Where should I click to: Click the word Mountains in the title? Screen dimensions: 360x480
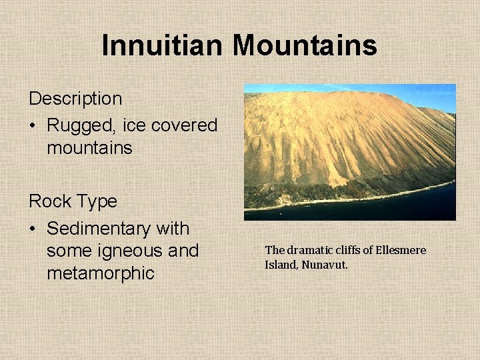305,45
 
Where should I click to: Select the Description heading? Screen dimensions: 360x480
75,99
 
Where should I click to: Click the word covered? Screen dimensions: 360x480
186,125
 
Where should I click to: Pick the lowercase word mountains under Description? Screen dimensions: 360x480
89,147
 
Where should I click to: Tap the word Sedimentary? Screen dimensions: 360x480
99,229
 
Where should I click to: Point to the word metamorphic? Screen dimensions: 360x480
101,273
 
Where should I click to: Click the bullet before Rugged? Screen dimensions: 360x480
33,126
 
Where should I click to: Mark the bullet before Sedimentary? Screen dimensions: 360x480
33,229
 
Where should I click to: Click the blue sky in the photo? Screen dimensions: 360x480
427,93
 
